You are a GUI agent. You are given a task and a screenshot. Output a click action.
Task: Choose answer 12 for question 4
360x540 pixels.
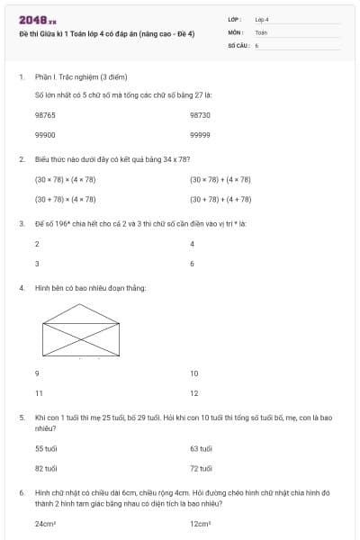pyautogui.click(x=194, y=393)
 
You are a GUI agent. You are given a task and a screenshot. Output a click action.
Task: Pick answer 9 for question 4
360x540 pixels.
pyautogui.click(x=37, y=373)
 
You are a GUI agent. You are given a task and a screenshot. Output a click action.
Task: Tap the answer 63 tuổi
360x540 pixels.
pyautogui.click(x=201, y=448)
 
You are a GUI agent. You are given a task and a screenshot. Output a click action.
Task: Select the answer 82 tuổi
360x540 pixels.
pyautogui.click(x=46, y=468)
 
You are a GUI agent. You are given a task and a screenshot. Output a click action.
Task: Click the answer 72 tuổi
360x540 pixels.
pyautogui.click(x=201, y=468)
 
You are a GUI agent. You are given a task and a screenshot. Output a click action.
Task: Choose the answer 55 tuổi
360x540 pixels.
pyautogui.click(x=46, y=448)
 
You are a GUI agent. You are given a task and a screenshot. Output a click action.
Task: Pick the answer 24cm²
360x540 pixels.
pyautogui.click(x=46, y=523)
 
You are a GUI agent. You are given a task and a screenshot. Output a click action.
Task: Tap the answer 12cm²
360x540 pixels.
pyautogui.click(x=201, y=523)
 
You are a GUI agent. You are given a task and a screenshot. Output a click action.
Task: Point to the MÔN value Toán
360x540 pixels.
pyautogui.click(x=262, y=31)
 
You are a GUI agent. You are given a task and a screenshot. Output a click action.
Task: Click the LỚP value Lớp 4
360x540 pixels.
pyautogui.click(x=263, y=19)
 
